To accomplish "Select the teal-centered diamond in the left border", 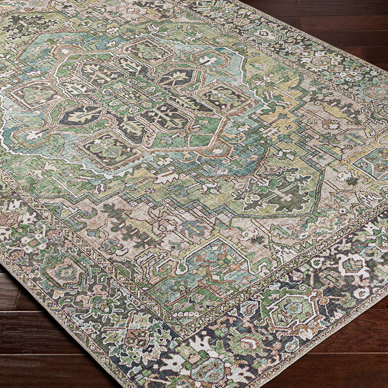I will click(x=66, y=273).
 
